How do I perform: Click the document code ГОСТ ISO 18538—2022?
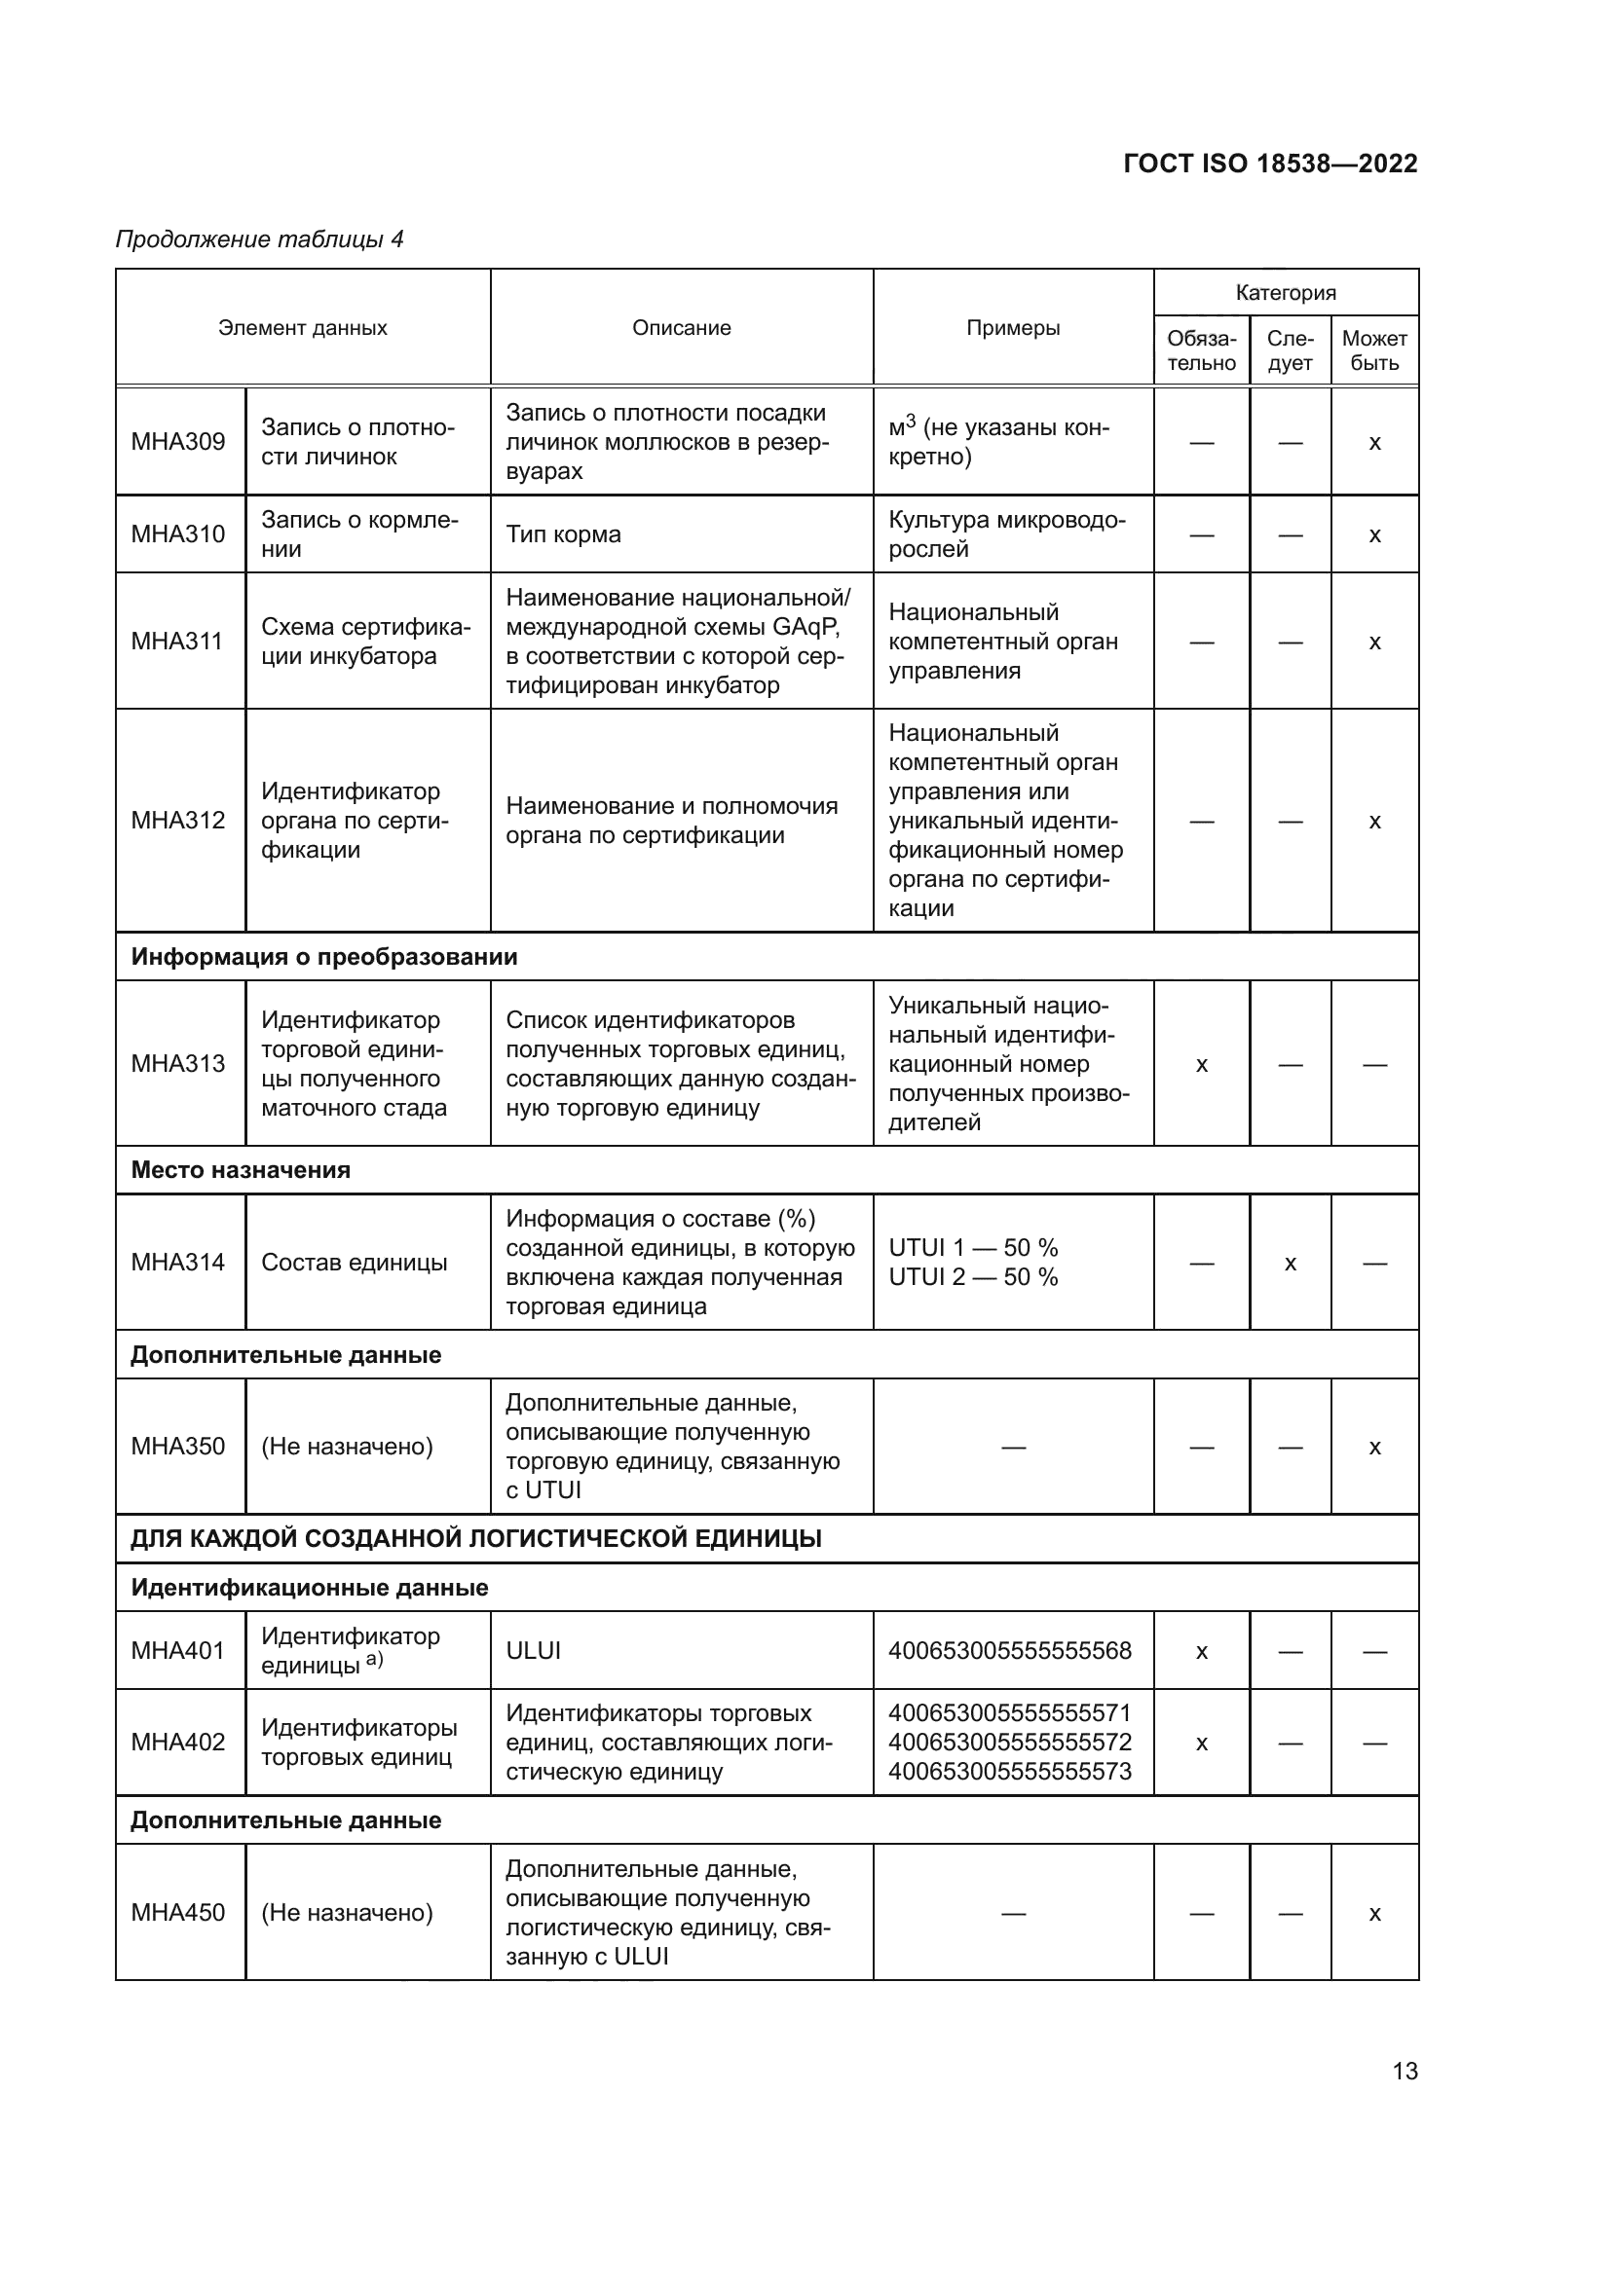(1270, 164)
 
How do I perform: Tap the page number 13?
(1405, 2071)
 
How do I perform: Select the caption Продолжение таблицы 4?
(260, 239)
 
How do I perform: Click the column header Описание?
(682, 328)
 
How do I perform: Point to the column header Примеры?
(1013, 328)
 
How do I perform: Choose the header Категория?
(1286, 293)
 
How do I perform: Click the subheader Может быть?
(1374, 351)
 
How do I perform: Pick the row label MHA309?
(178, 441)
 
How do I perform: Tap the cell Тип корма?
(563, 534)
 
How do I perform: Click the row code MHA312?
(178, 820)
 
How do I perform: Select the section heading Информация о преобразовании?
(324, 957)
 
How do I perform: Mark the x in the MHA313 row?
(1201, 1065)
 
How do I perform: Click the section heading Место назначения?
(241, 1170)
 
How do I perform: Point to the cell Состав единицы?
(355, 1263)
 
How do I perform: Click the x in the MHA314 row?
(1290, 1264)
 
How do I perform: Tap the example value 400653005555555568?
(1010, 1651)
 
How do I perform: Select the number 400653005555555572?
(1010, 1743)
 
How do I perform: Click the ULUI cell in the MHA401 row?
(534, 1651)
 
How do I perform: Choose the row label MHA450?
(178, 1913)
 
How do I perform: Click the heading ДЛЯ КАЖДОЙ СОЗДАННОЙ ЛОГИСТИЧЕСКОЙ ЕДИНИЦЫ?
(476, 1539)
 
